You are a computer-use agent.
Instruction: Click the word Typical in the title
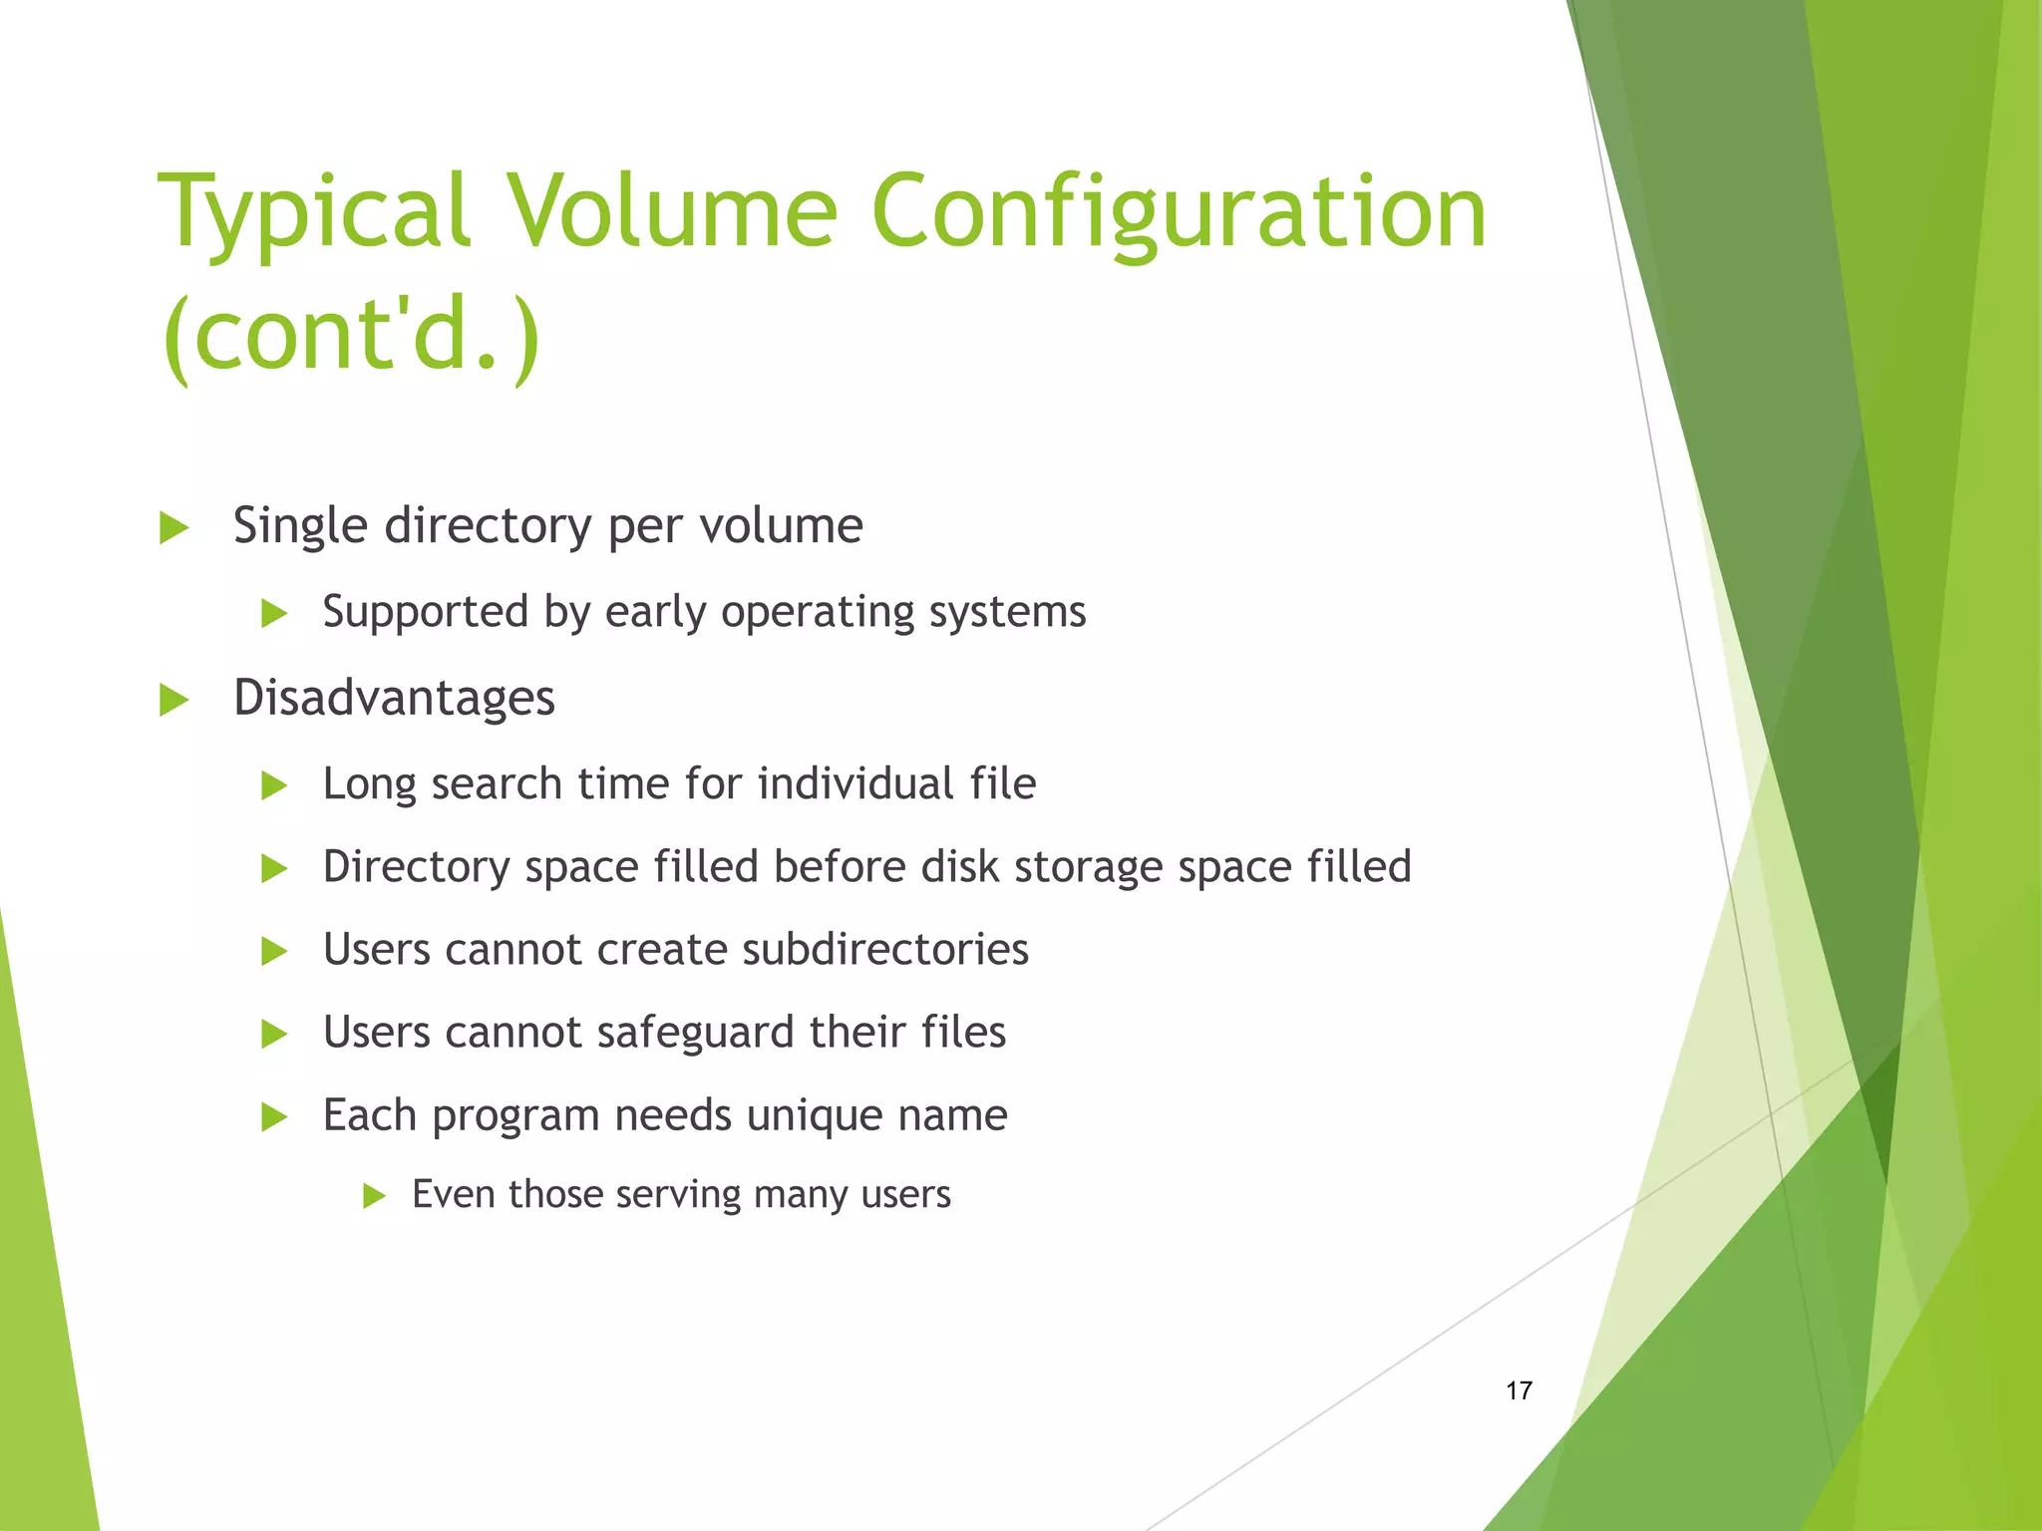[313, 211]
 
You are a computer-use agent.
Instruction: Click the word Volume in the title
[673, 211]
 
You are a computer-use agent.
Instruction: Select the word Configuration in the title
[1179, 211]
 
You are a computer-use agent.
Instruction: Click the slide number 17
[1519, 1390]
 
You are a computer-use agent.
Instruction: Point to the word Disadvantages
[394, 698]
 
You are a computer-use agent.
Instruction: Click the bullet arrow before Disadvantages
[174, 700]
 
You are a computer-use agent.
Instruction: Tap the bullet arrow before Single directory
[174, 527]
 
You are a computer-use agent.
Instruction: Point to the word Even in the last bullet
[452, 1194]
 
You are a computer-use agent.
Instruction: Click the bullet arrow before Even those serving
[374, 1195]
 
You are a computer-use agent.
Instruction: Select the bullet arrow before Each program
[274, 1117]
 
